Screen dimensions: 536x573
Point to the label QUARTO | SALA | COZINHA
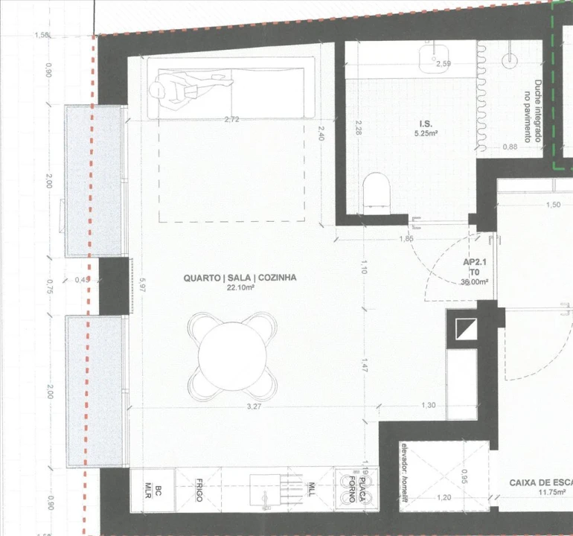240,278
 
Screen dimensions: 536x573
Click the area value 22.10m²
240,287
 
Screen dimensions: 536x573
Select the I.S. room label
425,124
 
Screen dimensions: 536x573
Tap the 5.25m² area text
426,134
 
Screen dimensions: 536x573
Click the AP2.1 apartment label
475,263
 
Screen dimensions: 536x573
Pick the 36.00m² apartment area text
475,282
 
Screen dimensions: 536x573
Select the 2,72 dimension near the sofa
231,119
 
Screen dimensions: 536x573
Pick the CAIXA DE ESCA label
540,482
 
